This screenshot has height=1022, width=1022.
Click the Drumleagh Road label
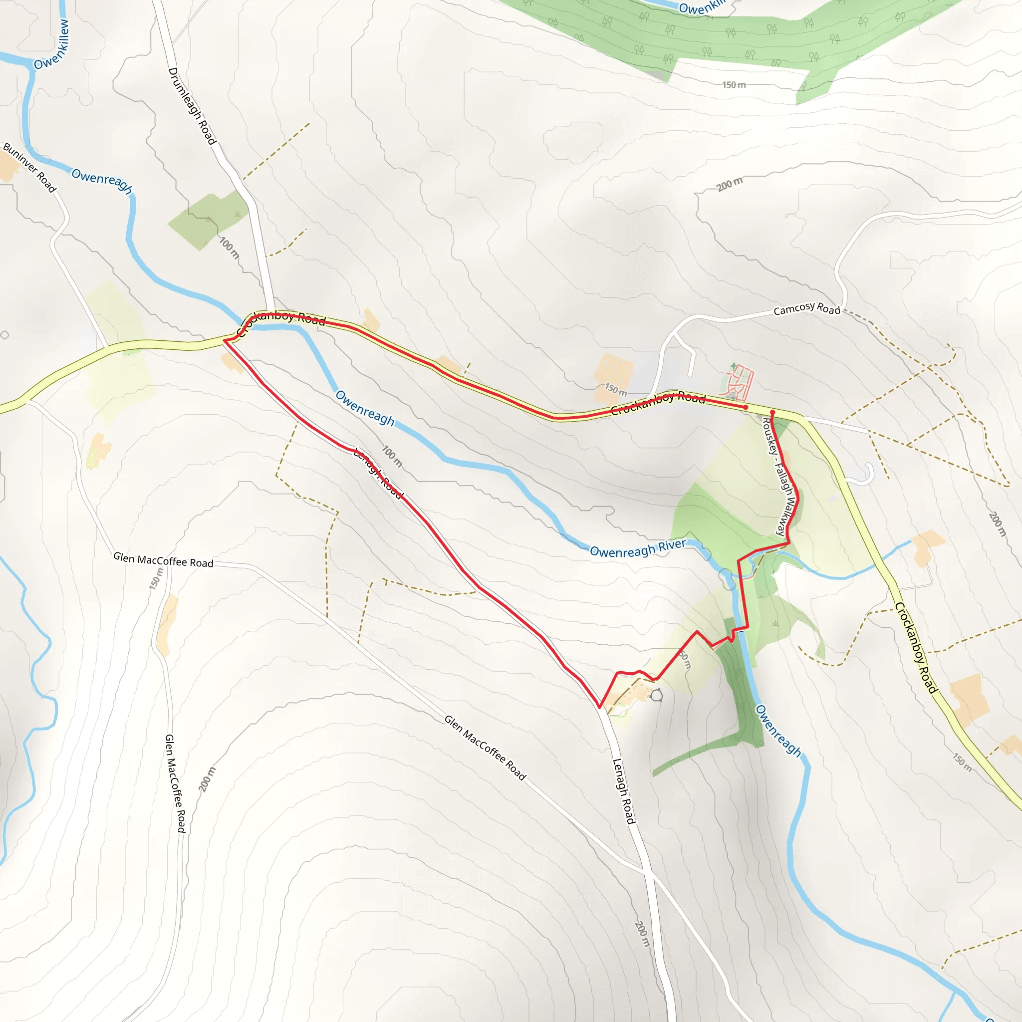[192, 106]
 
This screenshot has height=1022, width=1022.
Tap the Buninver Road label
[29, 167]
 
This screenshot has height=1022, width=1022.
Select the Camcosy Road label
[806, 309]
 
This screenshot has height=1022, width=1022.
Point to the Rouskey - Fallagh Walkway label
[780, 477]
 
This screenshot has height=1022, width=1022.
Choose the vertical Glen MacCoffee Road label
[175, 783]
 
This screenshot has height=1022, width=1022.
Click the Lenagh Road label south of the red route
[623, 791]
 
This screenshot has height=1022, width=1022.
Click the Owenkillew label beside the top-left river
[51, 45]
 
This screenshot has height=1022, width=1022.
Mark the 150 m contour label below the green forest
[734, 85]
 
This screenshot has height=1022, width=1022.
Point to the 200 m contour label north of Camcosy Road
[730, 184]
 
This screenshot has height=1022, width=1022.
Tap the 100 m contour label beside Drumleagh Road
[229, 248]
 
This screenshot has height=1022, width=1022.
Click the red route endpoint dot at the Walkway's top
[772, 412]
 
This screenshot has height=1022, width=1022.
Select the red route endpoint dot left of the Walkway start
[746, 407]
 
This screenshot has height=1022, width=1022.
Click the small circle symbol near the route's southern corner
[657, 695]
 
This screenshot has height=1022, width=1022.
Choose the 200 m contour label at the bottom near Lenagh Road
[642, 934]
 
